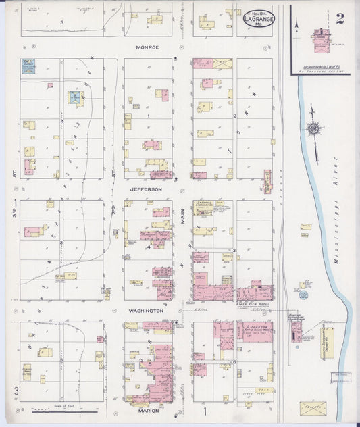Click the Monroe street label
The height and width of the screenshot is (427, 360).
(147, 47)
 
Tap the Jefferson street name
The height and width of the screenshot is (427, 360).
(147, 190)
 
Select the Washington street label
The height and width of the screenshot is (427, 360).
(147, 310)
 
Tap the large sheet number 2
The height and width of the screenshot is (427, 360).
(339, 18)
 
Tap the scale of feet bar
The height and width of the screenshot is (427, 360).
(66, 409)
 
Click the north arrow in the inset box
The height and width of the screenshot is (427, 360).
(297, 28)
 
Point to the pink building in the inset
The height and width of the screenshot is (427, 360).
(318, 41)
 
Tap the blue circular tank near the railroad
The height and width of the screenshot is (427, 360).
(303, 285)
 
